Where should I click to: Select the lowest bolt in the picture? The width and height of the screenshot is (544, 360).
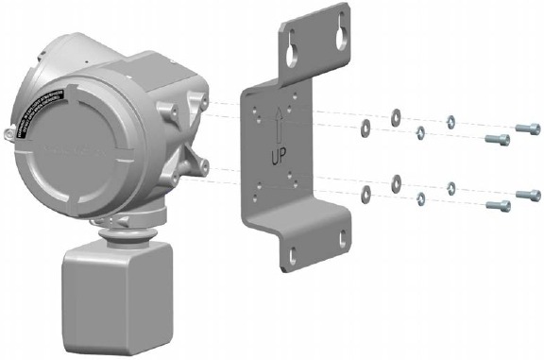tap(497, 204)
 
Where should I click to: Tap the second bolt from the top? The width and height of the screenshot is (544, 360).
tap(497, 140)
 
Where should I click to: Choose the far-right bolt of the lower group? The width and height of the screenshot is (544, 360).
tap(527, 194)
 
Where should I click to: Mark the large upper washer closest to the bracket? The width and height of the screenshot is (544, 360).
tap(364, 128)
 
